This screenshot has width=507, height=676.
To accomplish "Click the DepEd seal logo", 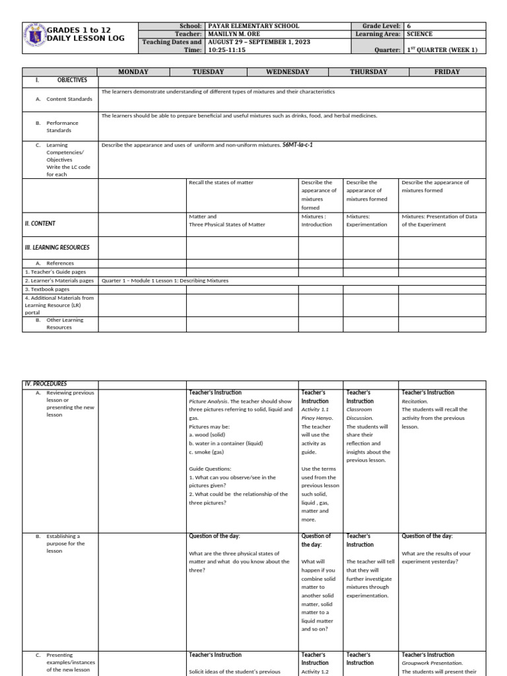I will click(x=34, y=37).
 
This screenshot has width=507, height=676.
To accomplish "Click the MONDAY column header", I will click(x=133, y=71).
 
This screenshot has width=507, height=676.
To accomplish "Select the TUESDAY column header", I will click(x=208, y=71).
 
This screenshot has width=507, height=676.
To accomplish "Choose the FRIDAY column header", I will click(x=447, y=71).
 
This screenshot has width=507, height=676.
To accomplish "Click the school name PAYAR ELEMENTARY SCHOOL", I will click(x=253, y=26).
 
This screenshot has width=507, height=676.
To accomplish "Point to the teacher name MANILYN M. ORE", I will click(x=238, y=34).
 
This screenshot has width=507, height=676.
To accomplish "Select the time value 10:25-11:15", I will click(x=227, y=50).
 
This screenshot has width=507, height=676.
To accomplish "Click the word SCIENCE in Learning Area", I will click(x=420, y=34).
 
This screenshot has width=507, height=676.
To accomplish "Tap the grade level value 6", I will click(x=409, y=26).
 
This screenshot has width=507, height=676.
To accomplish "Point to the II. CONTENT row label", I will click(x=40, y=224).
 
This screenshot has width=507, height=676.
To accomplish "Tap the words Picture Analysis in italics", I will click(x=211, y=401).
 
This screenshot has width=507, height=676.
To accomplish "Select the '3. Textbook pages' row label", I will click(x=47, y=289).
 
